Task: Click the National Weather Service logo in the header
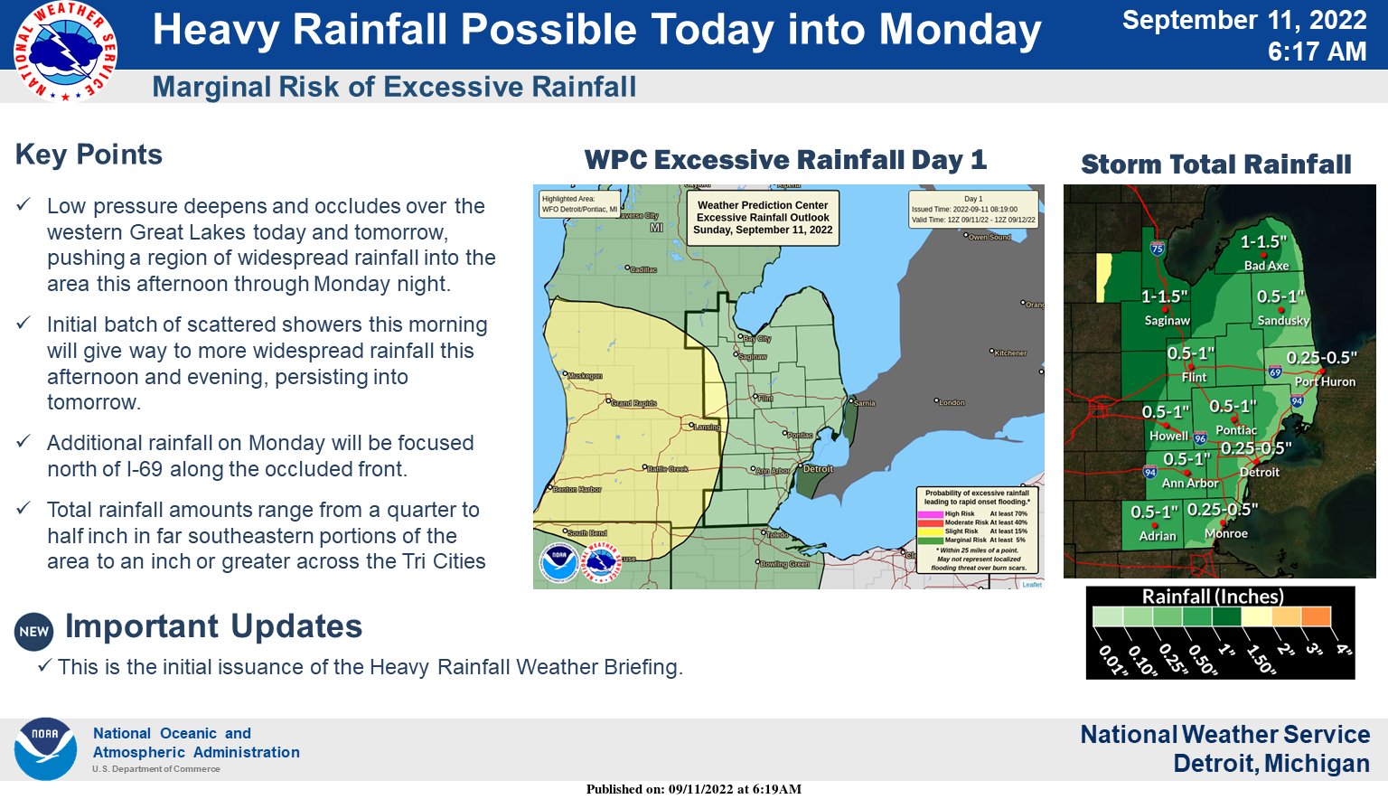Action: click(65, 51)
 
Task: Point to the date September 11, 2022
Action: click(1243, 20)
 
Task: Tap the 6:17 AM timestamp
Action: click(1317, 52)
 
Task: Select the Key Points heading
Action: click(89, 155)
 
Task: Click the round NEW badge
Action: click(34, 631)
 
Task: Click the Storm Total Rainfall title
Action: click(1215, 164)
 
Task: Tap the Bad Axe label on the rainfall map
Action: click(1266, 266)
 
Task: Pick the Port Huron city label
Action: click(1325, 381)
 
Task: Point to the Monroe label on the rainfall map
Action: click(1226, 533)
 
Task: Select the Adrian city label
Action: click(1158, 536)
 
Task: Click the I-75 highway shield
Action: click(1158, 249)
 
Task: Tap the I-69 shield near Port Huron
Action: click(1275, 371)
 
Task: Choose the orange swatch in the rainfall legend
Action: click(1316, 616)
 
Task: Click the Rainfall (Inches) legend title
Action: click(1213, 597)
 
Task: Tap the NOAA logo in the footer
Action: click(45, 749)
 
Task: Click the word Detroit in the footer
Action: click(1210, 764)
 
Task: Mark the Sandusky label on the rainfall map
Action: click(1283, 321)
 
